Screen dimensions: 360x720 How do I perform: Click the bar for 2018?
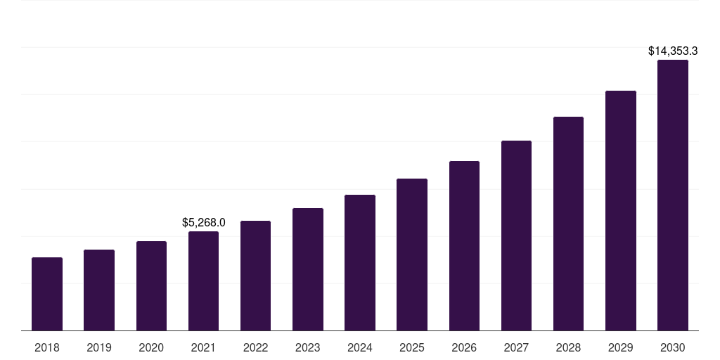click(47, 294)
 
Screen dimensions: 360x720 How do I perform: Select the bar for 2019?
click(99, 290)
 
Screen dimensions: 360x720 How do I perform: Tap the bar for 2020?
click(151, 285)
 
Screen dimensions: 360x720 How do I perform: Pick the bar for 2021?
click(203, 281)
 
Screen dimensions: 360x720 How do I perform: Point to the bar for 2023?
click(308, 269)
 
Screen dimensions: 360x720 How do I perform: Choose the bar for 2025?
click(412, 255)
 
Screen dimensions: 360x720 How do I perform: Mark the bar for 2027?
click(516, 236)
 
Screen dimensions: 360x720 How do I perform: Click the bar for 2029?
click(621, 210)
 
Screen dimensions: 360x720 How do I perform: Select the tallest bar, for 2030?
click(673, 195)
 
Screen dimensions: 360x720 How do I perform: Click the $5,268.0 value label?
click(203, 222)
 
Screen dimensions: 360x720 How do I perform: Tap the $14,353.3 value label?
click(673, 51)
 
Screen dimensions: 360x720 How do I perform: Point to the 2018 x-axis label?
click(47, 347)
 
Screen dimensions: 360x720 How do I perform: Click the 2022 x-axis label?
click(256, 347)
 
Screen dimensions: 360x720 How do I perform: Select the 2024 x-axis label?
click(360, 347)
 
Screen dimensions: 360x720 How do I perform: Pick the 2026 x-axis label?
click(464, 347)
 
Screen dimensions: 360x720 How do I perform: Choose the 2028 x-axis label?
click(568, 347)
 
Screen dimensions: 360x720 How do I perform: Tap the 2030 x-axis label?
click(673, 347)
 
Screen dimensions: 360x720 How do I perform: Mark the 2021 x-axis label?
click(203, 347)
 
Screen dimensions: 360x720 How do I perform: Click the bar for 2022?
click(256, 276)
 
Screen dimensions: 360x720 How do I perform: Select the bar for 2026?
click(464, 245)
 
